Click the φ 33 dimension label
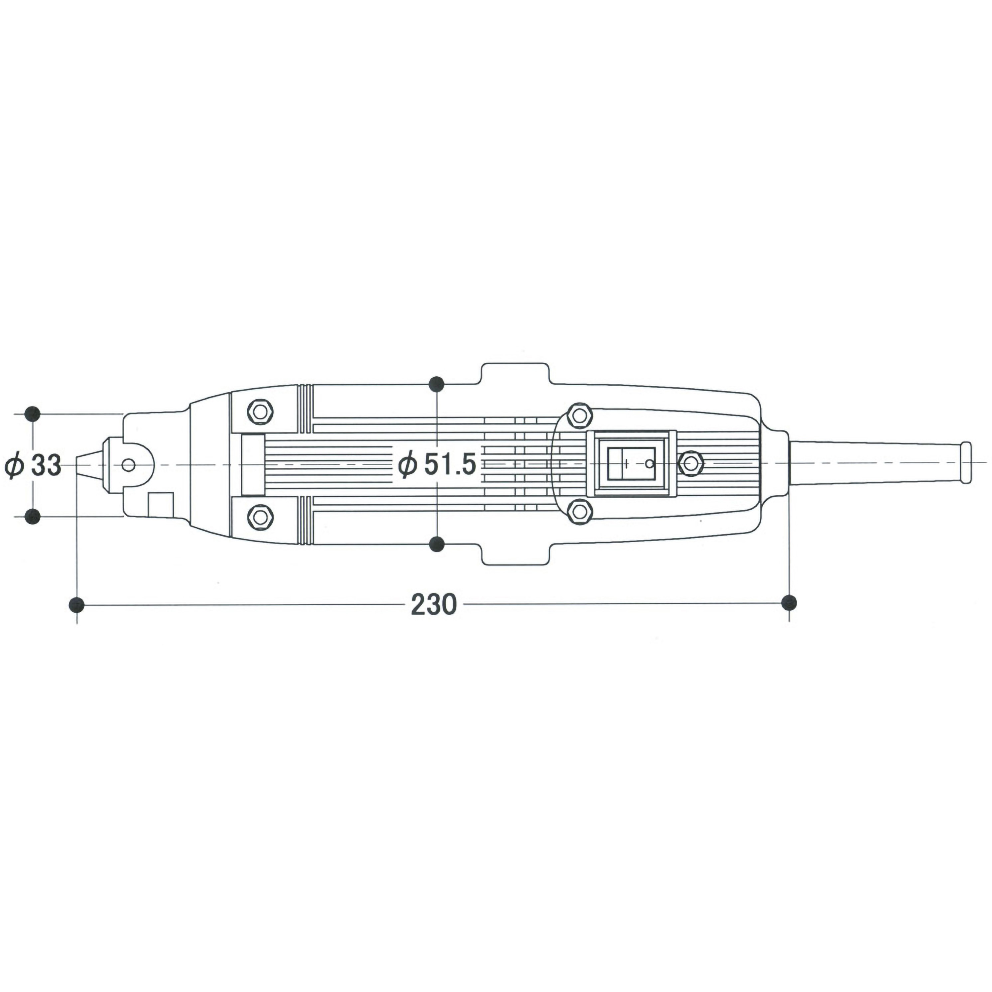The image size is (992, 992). tap(33, 466)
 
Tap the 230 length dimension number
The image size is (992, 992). tap(434, 605)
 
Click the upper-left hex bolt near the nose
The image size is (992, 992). tap(260, 411)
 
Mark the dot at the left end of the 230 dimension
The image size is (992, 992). tap(76, 604)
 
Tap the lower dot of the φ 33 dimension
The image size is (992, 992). tap(33, 517)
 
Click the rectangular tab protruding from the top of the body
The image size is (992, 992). tap(515, 374)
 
